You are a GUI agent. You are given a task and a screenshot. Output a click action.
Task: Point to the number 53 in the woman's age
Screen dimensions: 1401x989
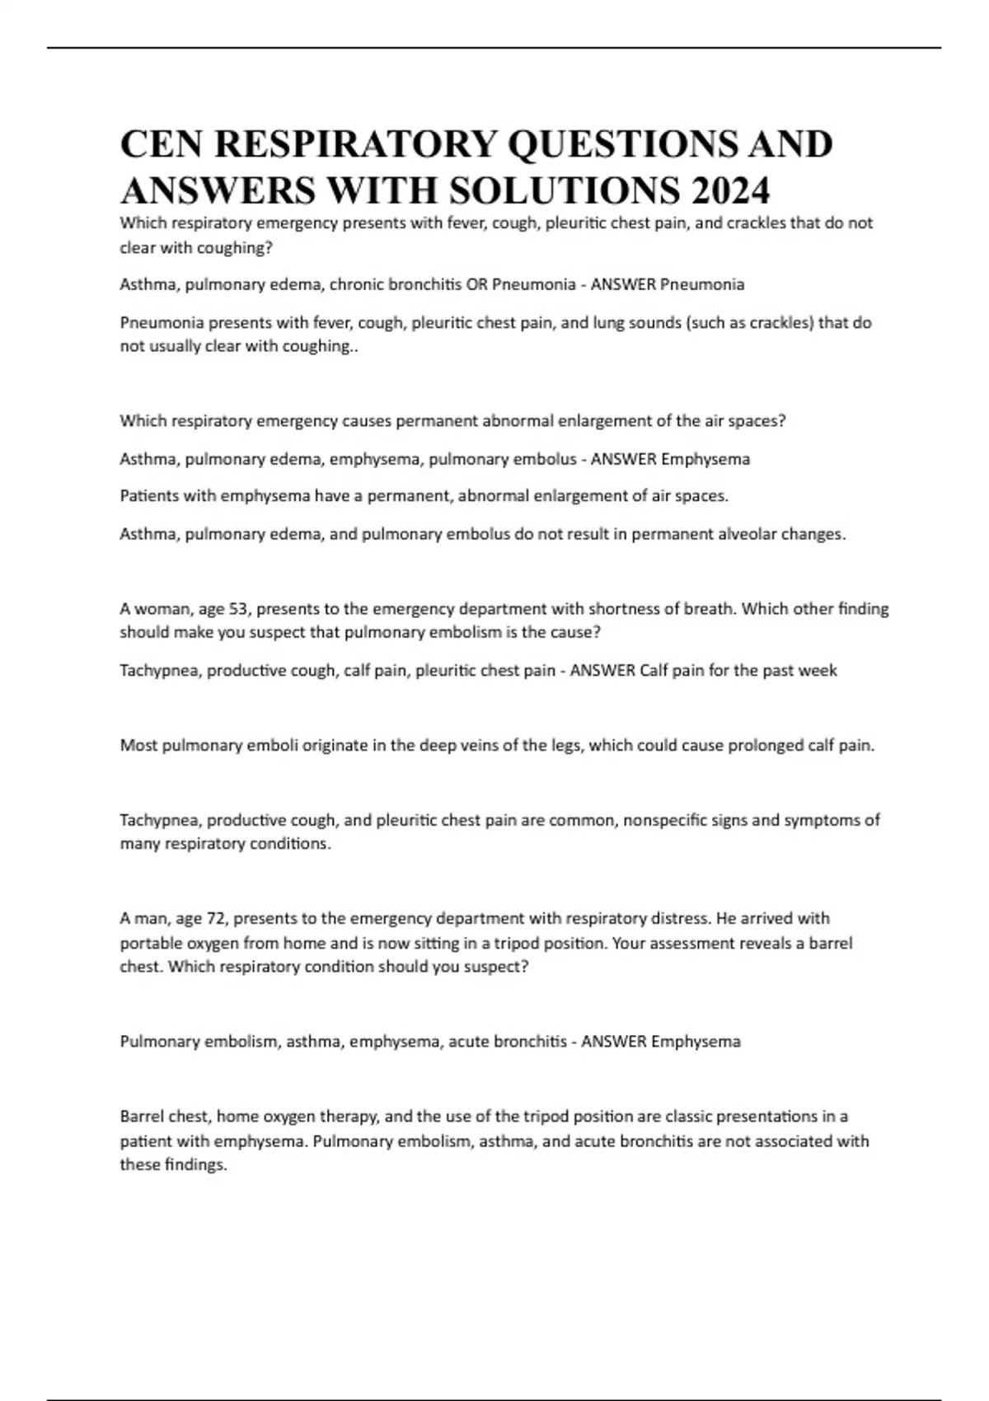click(237, 609)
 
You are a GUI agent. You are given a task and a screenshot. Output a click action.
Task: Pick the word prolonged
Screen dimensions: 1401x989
click(748, 745)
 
